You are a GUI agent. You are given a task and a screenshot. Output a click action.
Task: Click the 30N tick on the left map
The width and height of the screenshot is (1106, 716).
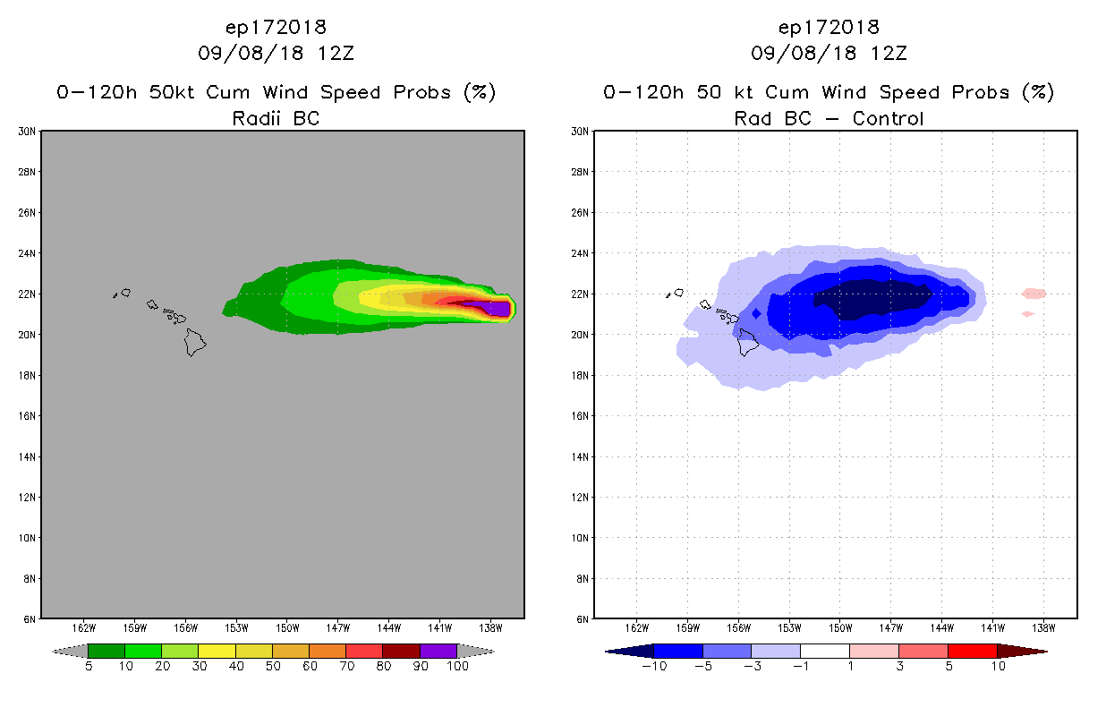27,132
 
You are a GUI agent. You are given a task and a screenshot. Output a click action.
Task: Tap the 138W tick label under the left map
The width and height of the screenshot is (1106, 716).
490,627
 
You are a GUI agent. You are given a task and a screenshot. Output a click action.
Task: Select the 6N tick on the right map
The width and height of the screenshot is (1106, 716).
582,619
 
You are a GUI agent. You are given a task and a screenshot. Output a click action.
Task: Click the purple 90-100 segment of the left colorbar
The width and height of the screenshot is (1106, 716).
438,651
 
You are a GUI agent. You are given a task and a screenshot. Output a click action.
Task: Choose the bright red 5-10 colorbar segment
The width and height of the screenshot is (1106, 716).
972,651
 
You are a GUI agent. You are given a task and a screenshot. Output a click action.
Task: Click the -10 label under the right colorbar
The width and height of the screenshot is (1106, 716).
653,667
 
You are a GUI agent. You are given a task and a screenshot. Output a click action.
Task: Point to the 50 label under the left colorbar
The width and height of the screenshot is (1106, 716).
272,667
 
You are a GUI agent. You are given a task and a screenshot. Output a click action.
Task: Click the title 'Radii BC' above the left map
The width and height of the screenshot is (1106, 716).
276,118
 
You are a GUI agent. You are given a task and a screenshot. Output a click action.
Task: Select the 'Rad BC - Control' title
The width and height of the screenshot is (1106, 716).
829,118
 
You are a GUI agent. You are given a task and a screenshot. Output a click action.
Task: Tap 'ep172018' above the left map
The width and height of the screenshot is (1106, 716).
276,28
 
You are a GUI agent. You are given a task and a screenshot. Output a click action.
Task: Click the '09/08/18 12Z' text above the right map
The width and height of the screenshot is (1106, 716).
829,54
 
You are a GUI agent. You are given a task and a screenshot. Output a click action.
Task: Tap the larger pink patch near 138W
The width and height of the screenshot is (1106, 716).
1034,293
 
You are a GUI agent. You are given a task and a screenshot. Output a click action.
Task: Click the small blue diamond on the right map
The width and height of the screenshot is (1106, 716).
757,313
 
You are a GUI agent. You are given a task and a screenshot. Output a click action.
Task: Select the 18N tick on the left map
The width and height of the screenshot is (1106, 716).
27,375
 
